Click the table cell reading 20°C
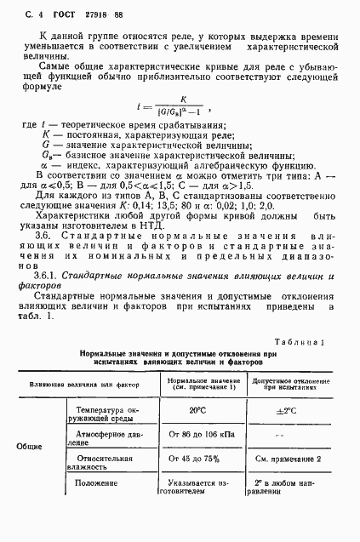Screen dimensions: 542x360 click(197, 410)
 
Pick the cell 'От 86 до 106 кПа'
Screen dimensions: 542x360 click(198, 436)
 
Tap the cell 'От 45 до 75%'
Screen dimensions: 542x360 click(197, 459)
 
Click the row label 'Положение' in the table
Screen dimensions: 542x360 click(96, 483)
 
